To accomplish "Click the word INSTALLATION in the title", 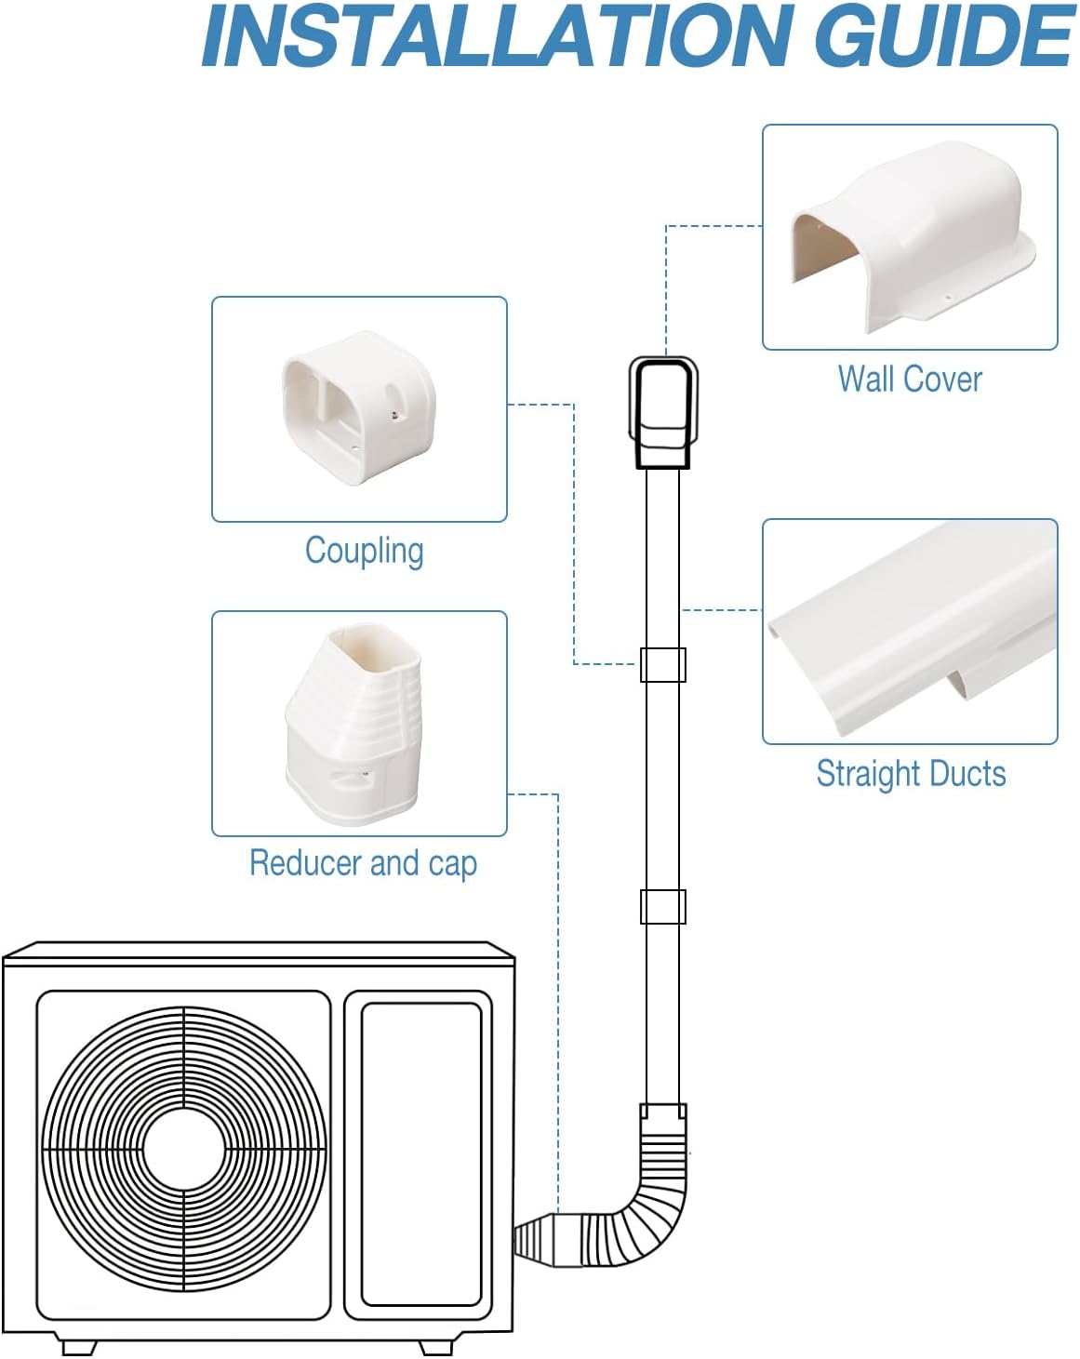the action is [495, 35].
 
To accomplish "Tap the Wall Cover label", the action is [910, 379].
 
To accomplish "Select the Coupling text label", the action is [364, 551].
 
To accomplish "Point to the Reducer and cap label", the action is [363, 863].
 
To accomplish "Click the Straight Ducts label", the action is [911, 773].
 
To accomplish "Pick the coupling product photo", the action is [359, 408].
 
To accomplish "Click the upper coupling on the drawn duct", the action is [663, 665].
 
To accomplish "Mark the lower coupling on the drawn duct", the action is [663, 907].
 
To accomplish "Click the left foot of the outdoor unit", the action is [79, 1347].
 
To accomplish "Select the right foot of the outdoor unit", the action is [435, 1347].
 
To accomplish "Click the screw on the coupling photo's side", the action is [393, 415].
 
